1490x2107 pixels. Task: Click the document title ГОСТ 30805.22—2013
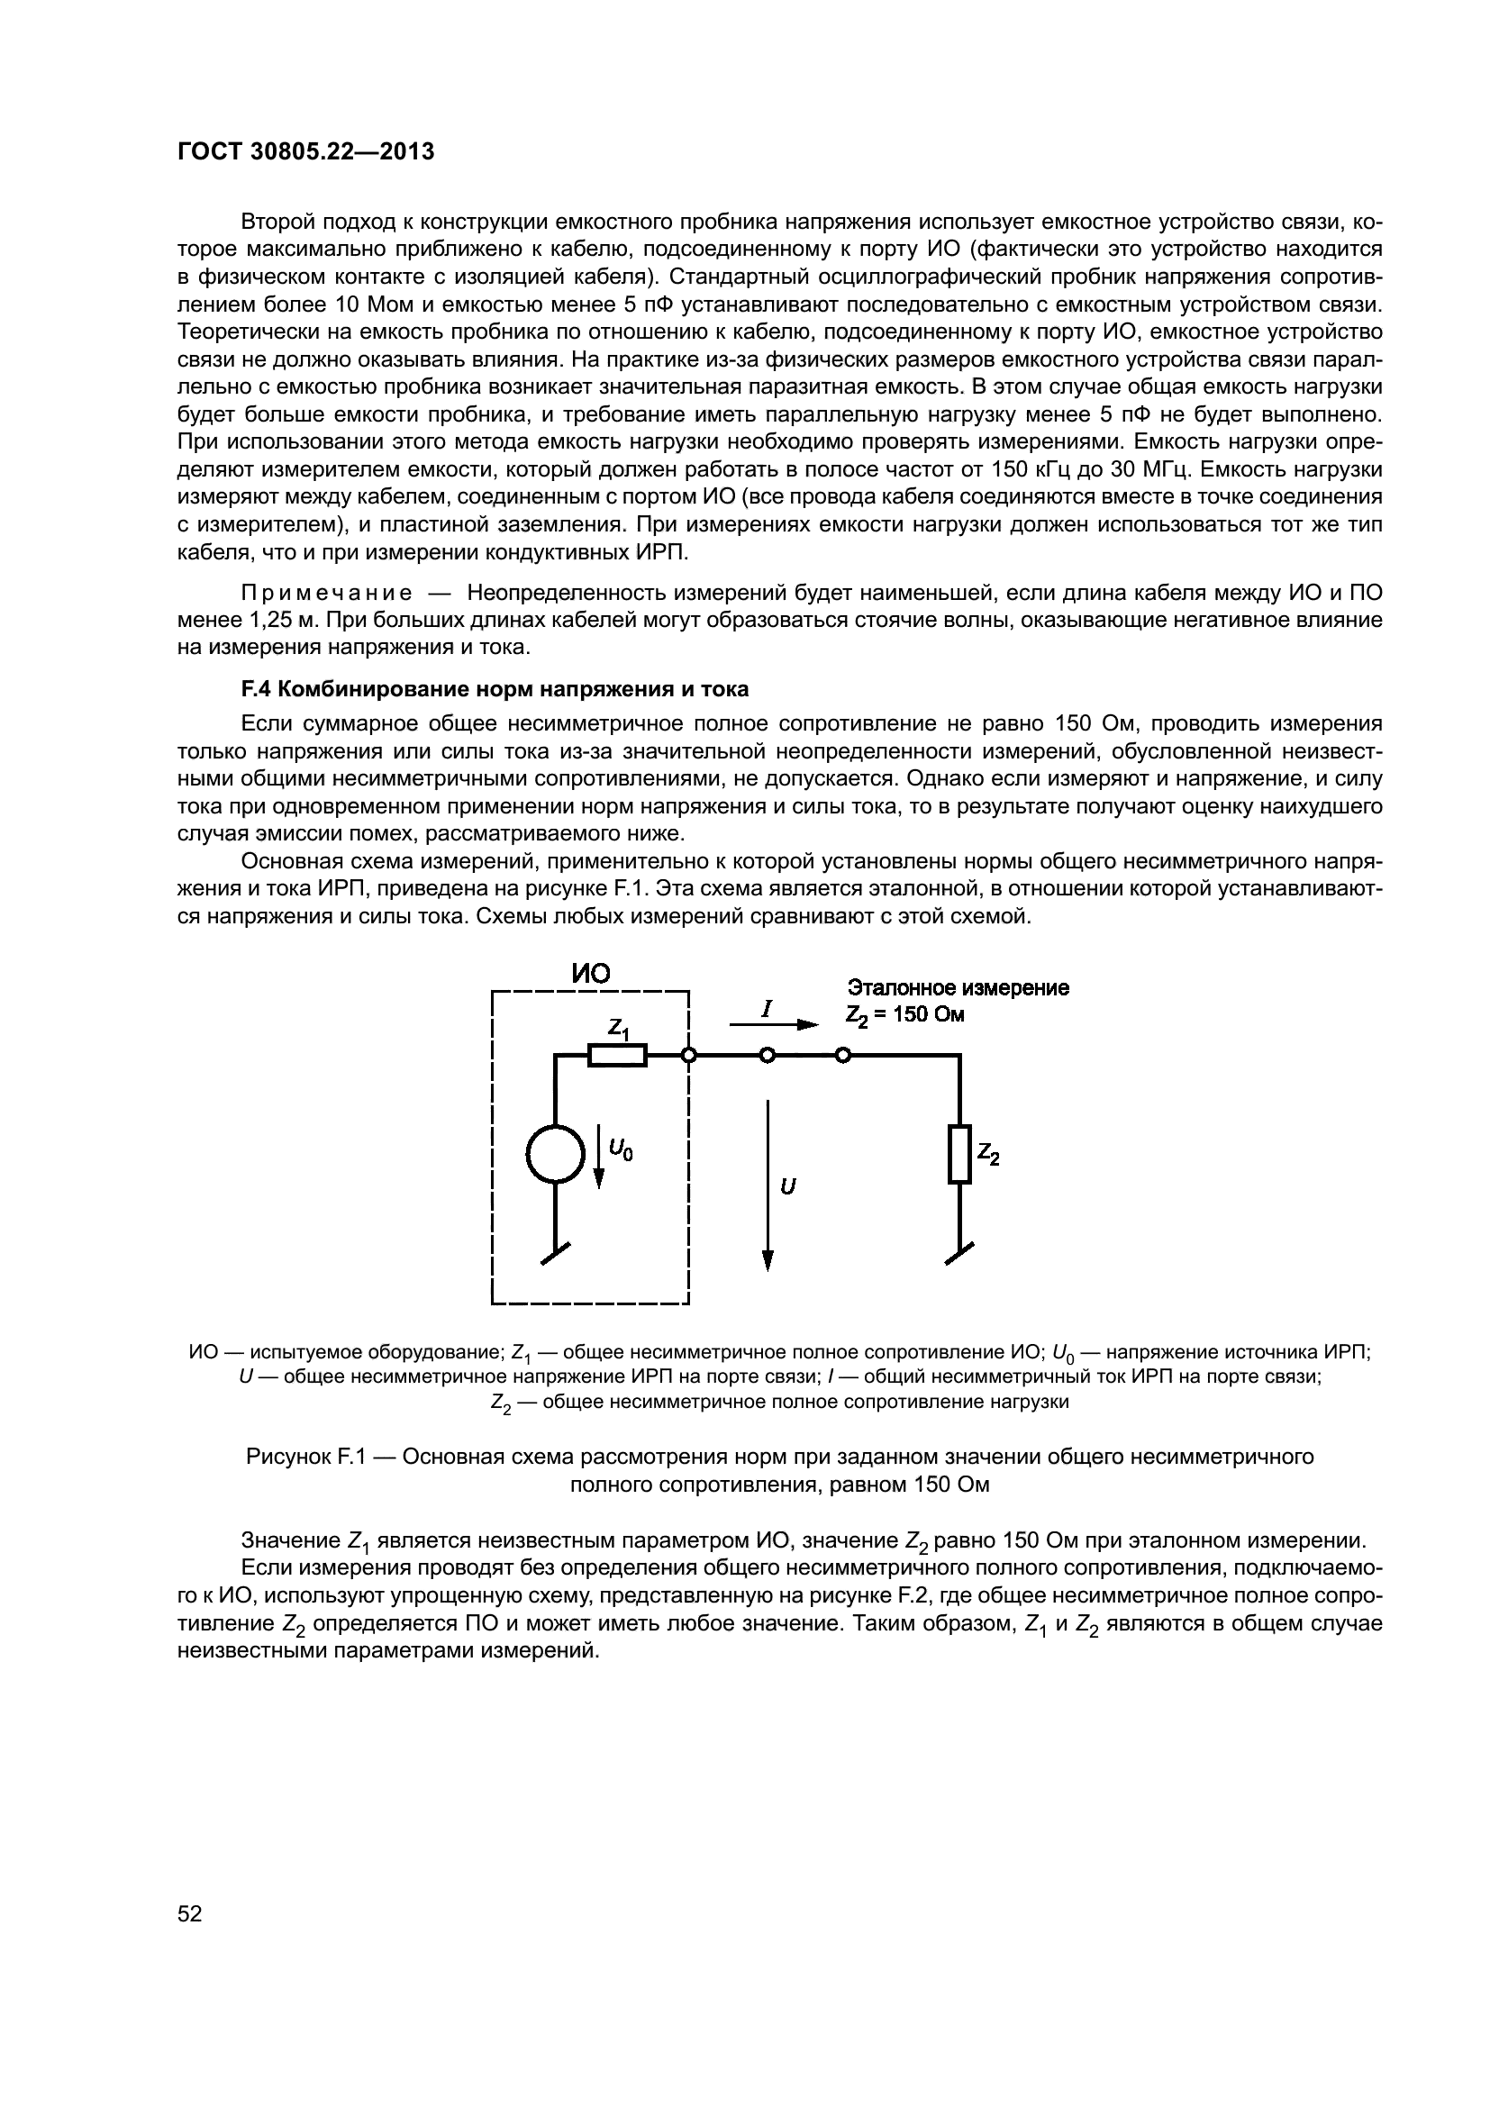[x=304, y=151]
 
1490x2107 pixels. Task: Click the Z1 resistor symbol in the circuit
[x=616, y=1056]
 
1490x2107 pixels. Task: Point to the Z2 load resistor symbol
[x=959, y=1154]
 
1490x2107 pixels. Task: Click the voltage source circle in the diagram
[x=555, y=1154]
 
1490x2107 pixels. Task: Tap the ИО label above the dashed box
[x=591, y=973]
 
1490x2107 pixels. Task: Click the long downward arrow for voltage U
[x=768, y=1184]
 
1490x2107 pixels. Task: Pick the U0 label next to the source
[x=622, y=1148]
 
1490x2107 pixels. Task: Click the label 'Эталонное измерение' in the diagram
[x=958, y=987]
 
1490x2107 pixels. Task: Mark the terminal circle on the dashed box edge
[x=689, y=1057]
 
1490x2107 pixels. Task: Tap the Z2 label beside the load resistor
[x=988, y=1155]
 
